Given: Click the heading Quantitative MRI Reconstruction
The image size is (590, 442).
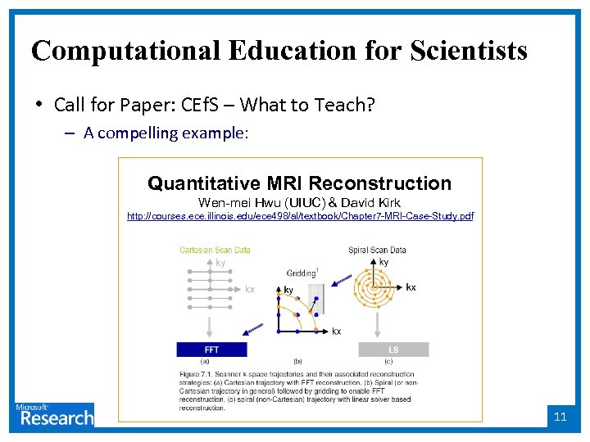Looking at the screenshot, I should click(299, 183).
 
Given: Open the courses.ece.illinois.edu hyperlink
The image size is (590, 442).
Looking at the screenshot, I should click(300, 216).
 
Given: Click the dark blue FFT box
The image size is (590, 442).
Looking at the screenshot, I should click(211, 350).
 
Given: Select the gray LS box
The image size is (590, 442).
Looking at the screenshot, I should click(393, 350).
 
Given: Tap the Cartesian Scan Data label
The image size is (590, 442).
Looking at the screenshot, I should click(215, 250).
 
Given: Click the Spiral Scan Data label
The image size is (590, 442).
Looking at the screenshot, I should click(377, 250).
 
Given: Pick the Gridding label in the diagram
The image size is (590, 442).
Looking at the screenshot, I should click(302, 273).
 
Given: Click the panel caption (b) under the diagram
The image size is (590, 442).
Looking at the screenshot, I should click(297, 361).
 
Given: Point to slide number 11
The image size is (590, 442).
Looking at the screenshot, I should click(560, 417).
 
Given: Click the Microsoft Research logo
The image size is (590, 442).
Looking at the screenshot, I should click(53, 414).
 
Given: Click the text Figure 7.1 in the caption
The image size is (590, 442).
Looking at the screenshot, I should click(196, 373).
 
